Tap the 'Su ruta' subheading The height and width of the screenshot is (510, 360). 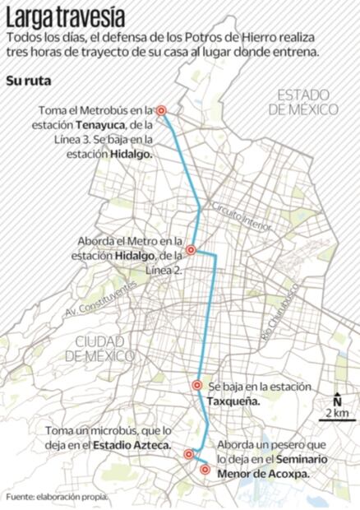click(x=27, y=81)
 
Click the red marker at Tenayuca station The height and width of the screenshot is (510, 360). click(x=162, y=110)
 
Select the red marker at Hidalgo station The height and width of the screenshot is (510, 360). click(x=190, y=250)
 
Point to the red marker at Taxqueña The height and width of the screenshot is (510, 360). click(x=197, y=385)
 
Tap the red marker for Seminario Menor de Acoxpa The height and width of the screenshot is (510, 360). click(x=205, y=470)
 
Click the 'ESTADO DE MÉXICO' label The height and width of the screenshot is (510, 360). click(x=308, y=101)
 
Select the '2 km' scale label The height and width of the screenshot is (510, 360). click(x=336, y=412)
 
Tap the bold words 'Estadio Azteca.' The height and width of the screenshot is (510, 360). click(x=132, y=445)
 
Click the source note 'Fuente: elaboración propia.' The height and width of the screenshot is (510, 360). click(x=57, y=498)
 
